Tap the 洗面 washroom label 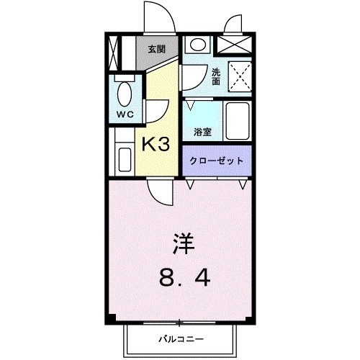[x=216, y=76]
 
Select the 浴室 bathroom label [x=202, y=132]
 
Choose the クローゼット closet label [x=217, y=161]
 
